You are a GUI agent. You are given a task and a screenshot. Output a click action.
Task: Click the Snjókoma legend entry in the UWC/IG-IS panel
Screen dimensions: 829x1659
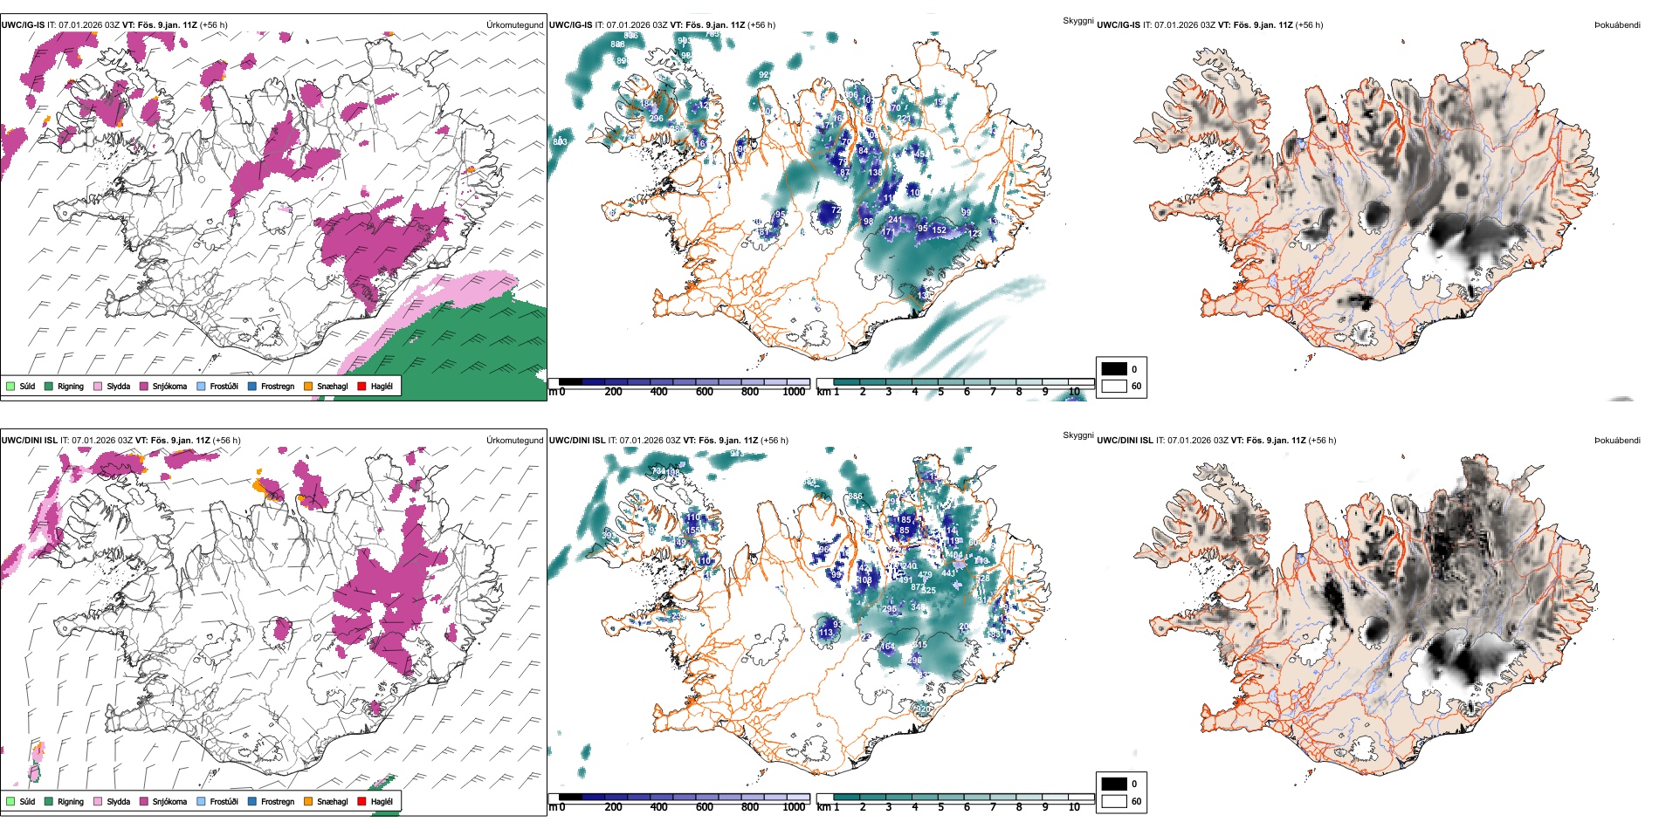[169, 386]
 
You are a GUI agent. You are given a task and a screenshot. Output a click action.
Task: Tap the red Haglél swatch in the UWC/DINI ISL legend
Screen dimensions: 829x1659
[362, 801]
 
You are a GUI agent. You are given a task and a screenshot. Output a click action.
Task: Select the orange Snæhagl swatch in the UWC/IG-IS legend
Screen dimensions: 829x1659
[308, 386]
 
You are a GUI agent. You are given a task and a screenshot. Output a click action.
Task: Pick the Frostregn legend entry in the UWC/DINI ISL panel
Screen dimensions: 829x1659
[277, 801]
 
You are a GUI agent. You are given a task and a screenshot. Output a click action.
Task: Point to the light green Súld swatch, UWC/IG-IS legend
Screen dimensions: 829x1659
[10, 386]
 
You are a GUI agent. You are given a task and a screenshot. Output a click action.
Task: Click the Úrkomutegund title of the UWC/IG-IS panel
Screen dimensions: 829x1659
[514, 25]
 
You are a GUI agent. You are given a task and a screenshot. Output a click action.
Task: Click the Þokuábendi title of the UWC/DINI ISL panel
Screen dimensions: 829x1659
[1617, 441]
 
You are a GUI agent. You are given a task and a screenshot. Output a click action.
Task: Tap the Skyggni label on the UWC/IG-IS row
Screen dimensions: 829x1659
[1077, 21]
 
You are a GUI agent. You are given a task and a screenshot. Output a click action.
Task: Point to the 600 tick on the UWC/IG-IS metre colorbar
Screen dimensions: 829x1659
[704, 392]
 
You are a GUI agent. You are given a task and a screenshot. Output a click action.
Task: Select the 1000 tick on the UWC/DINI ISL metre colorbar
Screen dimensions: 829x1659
[794, 807]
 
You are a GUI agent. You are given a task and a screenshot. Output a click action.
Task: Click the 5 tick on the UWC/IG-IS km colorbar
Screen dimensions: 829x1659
[940, 392]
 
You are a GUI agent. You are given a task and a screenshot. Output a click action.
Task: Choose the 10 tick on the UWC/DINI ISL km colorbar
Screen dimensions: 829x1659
[1074, 807]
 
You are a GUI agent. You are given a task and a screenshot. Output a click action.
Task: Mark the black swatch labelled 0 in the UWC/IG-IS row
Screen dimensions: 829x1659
[1114, 369]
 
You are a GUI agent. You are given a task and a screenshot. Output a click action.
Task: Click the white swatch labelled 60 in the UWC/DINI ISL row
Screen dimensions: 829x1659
[1114, 801]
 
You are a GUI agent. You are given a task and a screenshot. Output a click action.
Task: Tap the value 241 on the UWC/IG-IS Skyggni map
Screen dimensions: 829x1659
[894, 221]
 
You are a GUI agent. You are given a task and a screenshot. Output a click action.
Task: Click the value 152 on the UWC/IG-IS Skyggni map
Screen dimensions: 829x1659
[939, 230]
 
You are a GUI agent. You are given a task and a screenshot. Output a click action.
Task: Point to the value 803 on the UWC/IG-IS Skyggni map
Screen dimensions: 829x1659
[560, 141]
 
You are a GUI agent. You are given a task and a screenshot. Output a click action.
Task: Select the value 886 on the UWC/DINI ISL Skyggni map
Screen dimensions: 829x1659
[855, 497]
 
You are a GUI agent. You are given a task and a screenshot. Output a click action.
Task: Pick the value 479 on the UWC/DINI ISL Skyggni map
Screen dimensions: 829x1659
[925, 575]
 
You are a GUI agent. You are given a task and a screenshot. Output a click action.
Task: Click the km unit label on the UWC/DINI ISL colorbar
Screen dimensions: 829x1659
[823, 807]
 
